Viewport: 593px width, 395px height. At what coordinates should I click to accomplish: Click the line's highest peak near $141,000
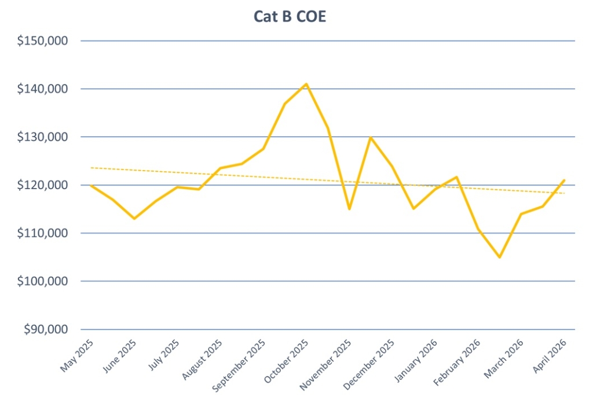pyautogui.click(x=306, y=84)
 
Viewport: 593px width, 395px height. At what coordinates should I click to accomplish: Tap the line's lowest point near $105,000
pyautogui.click(x=499, y=257)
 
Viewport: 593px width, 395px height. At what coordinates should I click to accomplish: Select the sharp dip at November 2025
pyautogui.click(x=349, y=209)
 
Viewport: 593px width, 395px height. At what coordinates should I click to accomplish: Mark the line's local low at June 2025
pyautogui.click(x=134, y=219)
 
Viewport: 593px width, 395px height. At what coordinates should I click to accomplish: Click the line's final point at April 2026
pyautogui.click(x=563, y=180)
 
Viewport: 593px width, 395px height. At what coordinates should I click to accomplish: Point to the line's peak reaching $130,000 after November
pyautogui.click(x=371, y=137)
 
